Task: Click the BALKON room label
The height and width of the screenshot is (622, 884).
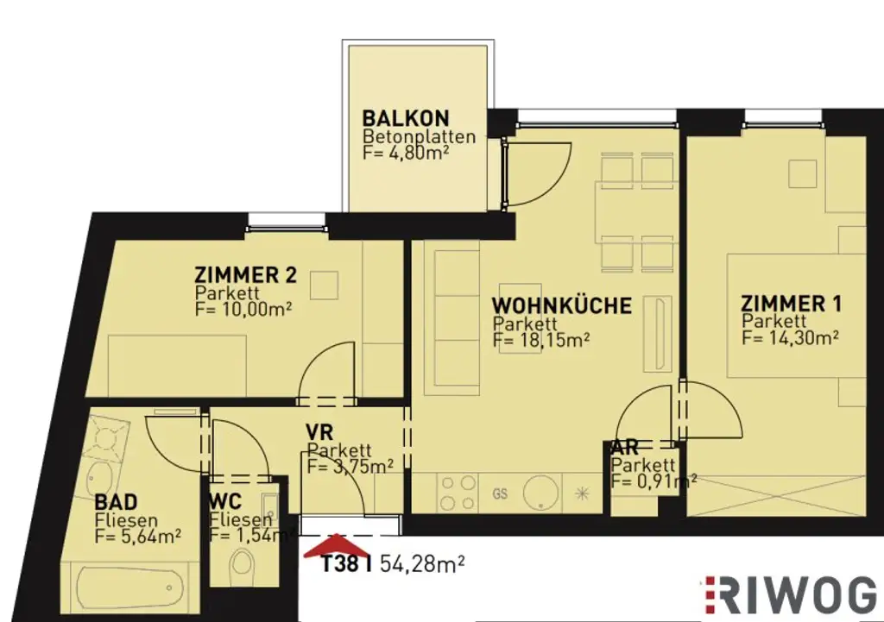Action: [406, 118]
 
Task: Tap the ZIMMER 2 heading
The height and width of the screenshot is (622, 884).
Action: [246, 276]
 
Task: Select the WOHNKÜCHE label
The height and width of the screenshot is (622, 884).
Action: [561, 305]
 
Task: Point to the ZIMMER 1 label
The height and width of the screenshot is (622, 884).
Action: [791, 304]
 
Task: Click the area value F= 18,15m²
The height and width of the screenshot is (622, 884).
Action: [541, 339]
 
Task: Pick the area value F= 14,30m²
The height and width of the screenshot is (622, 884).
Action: [790, 337]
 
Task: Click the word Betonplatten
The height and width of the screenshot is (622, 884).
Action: [419, 136]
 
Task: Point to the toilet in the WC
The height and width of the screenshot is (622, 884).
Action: [243, 566]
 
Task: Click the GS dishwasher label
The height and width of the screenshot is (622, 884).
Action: [500, 494]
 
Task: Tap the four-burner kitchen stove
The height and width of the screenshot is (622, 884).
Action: [458, 494]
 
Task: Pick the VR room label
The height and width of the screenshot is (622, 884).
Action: [319, 430]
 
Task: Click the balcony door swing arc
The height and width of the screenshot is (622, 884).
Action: [540, 173]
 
